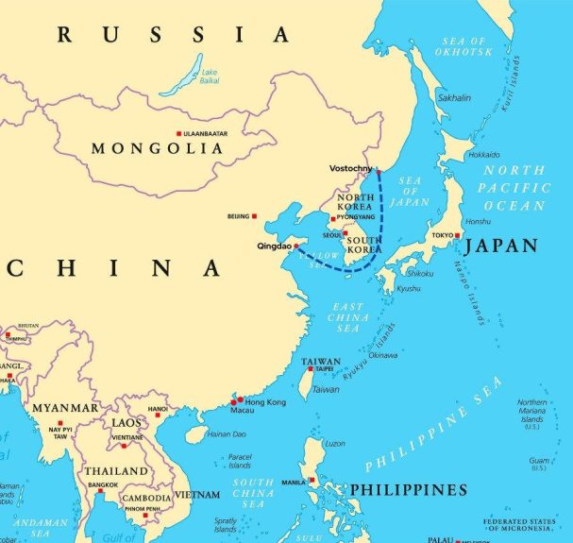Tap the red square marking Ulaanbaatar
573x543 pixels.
(x=178, y=134)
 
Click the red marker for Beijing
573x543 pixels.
(x=255, y=216)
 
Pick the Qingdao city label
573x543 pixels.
(x=274, y=246)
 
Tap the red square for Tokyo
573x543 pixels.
(x=458, y=235)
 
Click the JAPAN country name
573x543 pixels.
(x=500, y=246)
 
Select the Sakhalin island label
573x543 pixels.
(x=455, y=97)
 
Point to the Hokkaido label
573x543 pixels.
(x=483, y=154)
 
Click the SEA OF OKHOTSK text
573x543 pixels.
(x=464, y=47)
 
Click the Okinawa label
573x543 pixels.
(x=382, y=355)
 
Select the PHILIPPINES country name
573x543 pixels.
(x=408, y=489)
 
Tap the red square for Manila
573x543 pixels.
(x=311, y=482)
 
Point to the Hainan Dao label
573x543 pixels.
(x=226, y=434)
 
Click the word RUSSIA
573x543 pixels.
(x=174, y=36)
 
